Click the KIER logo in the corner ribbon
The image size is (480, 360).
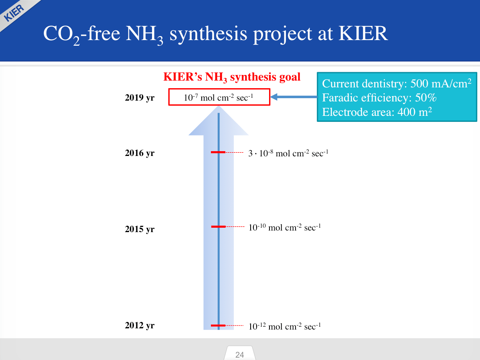[14, 13]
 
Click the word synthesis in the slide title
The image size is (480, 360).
[208, 34]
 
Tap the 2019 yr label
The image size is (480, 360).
[140, 98]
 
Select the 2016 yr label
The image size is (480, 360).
[140, 153]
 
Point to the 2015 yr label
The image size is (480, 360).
[140, 229]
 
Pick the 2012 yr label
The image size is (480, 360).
[140, 325]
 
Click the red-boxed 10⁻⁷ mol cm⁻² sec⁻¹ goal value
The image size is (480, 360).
[219, 97]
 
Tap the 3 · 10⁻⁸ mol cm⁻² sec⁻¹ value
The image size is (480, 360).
[288, 153]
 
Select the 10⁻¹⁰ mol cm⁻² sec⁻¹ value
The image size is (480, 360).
[285, 227]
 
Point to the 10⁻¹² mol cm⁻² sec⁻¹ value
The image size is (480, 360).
[285, 326]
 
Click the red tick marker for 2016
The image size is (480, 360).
[218, 152]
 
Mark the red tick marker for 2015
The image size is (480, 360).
[218, 227]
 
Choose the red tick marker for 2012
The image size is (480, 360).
[218, 326]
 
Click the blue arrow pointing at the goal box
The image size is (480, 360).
[294, 97]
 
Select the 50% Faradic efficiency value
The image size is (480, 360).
[425, 98]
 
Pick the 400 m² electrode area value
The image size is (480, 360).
[415, 112]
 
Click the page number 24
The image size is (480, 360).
[240, 354]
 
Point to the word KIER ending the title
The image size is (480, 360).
[363, 33]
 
